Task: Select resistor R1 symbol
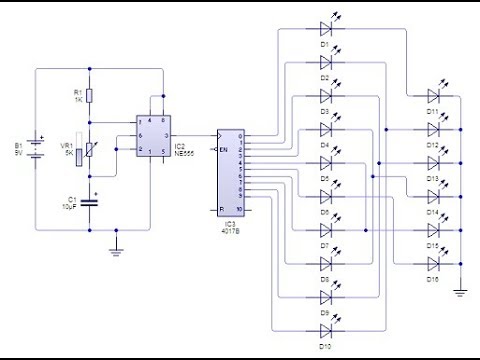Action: tap(90, 95)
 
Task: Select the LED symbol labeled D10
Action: tap(325, 331)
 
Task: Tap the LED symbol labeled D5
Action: tap(325, 179)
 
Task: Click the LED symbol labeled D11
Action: tap(433, 96)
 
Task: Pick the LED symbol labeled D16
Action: tap(433, 264)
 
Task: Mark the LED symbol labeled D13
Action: tap(433, 163)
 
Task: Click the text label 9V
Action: tap(17, 155)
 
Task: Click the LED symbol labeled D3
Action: tap(325, 95)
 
